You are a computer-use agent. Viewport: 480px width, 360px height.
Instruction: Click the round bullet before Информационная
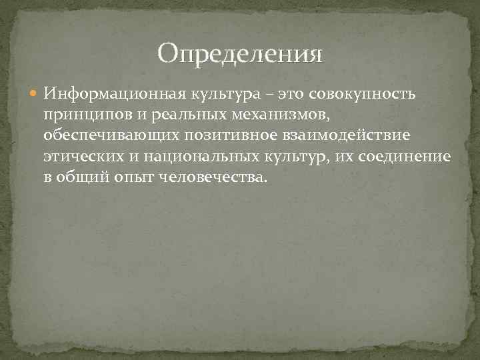coord(35,93)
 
